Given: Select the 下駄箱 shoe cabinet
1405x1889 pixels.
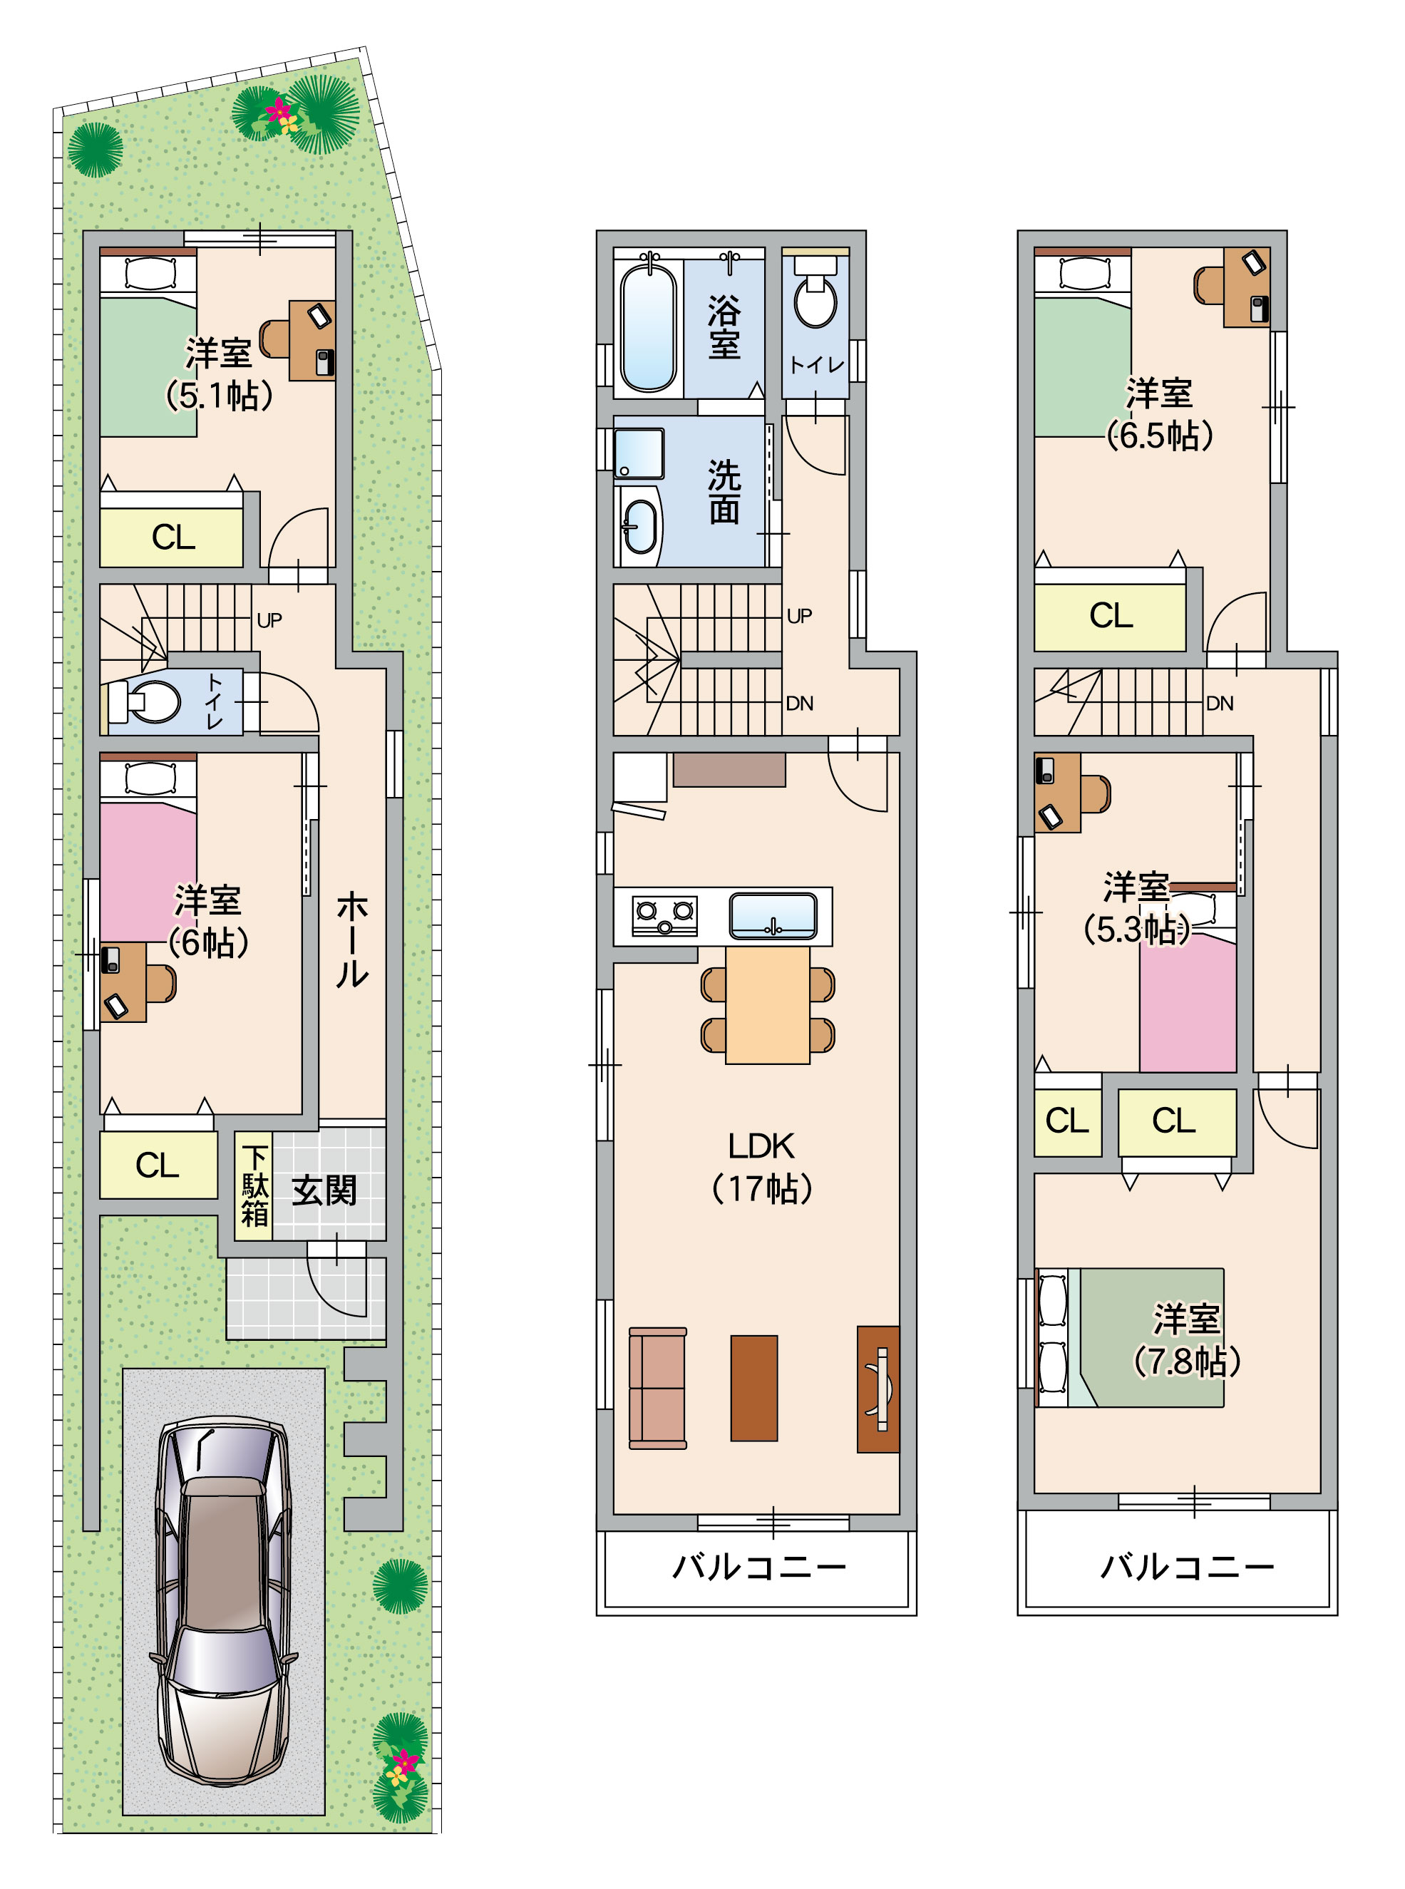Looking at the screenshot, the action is (x=254, y=1185).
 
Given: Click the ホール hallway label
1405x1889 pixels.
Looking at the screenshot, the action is (x=351, y=939).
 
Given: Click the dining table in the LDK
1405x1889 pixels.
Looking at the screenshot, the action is (x=767, y=1004).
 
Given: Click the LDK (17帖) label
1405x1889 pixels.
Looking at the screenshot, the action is (x=761, y=1167).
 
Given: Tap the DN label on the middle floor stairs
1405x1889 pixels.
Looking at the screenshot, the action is (x=800, y=704).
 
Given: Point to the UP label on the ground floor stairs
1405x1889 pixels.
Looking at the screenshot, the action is (x=269, y=620).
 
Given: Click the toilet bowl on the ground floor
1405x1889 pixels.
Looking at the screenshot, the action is (x=153, y=701).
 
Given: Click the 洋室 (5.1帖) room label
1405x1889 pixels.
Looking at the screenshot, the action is (x=219, y=374).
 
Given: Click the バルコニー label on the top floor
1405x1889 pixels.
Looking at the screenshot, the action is (x=1188, y=1567).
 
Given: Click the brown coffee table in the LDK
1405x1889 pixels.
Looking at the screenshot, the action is (x=753, y=1388).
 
